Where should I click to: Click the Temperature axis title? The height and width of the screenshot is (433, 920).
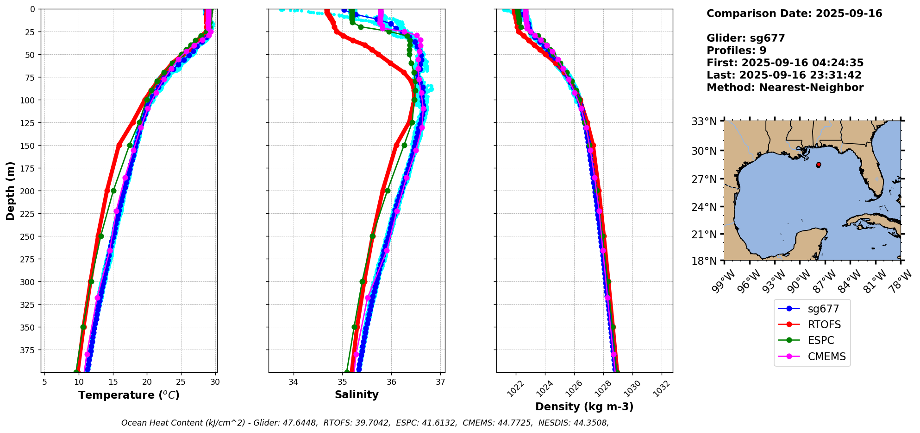pos(129,395)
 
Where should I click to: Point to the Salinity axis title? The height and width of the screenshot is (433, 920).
pos(357,395)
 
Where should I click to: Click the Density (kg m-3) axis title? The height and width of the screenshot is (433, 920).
pos(584,407)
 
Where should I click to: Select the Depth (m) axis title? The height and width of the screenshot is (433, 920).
pos(10,191)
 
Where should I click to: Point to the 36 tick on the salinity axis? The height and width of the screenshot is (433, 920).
pos(391,382)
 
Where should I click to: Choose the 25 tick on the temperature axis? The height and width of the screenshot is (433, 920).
pos(181,382)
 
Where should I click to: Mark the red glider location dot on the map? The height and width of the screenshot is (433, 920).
pos(819,165)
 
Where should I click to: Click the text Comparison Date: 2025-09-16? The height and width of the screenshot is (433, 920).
pos(794,13)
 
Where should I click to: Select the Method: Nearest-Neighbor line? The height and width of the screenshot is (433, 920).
pos(785,88)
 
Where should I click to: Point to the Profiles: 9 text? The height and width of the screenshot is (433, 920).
pos(736,51)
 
